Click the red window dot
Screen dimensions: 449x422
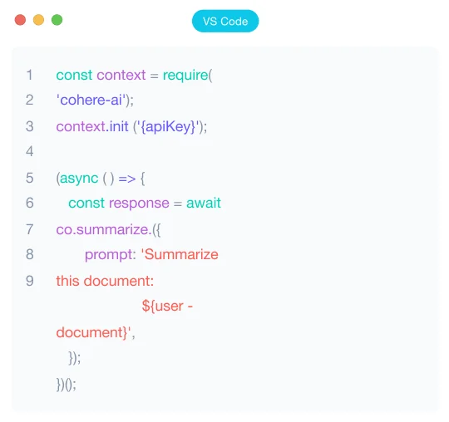tap(20, 20)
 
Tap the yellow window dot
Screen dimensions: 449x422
tap(38, 20)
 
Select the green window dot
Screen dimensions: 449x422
tap(57, 20)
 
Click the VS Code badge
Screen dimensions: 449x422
tap(225, 21)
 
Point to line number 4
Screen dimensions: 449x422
tap(30, 151)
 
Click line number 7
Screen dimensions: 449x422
tap(30, 229)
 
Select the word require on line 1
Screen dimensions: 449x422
tap(185, 76)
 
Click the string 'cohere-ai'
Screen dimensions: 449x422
tap(91, 101)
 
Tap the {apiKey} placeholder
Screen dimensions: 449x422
tap(168, 127)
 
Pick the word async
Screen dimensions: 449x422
tap(79, 179)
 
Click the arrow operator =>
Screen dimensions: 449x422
tap(127, 179)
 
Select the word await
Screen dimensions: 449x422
tap(204, 204)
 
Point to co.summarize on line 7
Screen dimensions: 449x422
tap(102, 230)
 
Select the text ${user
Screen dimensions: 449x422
tap(163, 307)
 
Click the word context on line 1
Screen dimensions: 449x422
tap(121, 76)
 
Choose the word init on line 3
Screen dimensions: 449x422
tap(118, 126)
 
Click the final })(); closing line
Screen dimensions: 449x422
tap(67, 385)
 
